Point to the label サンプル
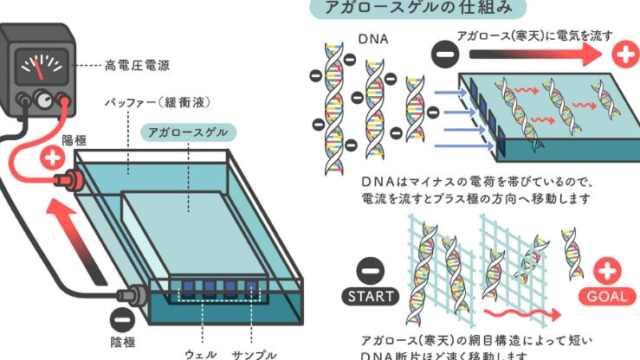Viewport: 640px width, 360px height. [x=253, y=353]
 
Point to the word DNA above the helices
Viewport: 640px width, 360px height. [x=374, y=41]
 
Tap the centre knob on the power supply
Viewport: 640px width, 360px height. [x=42, y=100]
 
